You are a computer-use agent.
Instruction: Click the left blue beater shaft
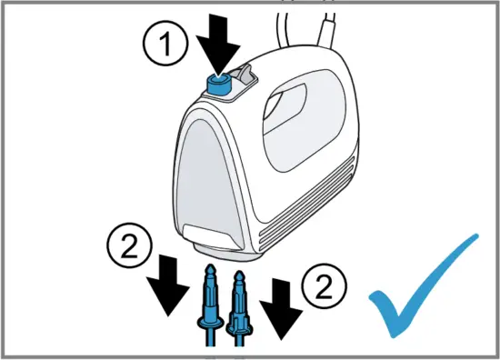208,300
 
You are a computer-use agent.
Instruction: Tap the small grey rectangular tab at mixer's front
205,233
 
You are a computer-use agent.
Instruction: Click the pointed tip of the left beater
208,263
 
